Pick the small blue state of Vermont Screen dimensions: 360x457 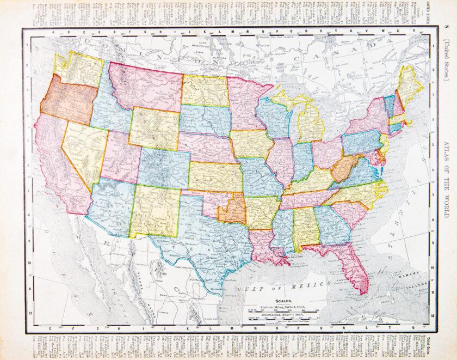click(x=390, y=105)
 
